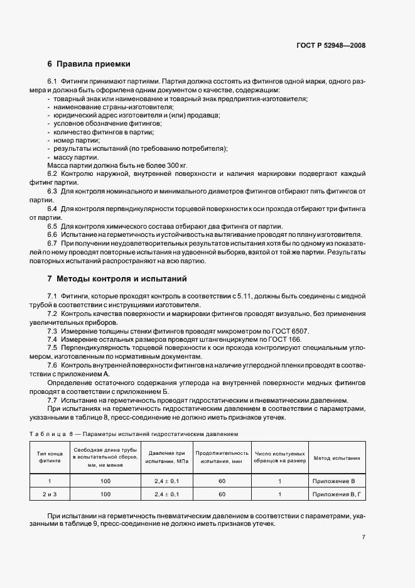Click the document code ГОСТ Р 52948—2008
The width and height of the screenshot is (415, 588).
pyautogui.click(x=330, y=45)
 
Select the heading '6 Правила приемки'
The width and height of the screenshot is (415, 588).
pyautogui.click(x=89, y=64)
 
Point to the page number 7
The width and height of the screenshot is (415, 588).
pyautogui.click(x=364, y=536)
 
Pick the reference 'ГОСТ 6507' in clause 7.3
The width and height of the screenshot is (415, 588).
pyautogui.click(x=294, y=330)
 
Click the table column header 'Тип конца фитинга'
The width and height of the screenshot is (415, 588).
pyautogui.click(x=49, y=457)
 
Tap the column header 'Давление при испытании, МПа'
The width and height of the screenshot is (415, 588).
pyautogui.click(x=163, y=457)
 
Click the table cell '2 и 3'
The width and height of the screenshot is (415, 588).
pyautogui.click(x=49, y=494)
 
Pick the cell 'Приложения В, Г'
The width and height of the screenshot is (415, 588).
pyautogui.click(x=337, y=494)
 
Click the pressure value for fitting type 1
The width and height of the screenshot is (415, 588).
pyautogui.click(x=163, y=481)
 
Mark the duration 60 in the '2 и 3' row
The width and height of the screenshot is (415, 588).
pyautogui.click(x=222, y=494)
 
